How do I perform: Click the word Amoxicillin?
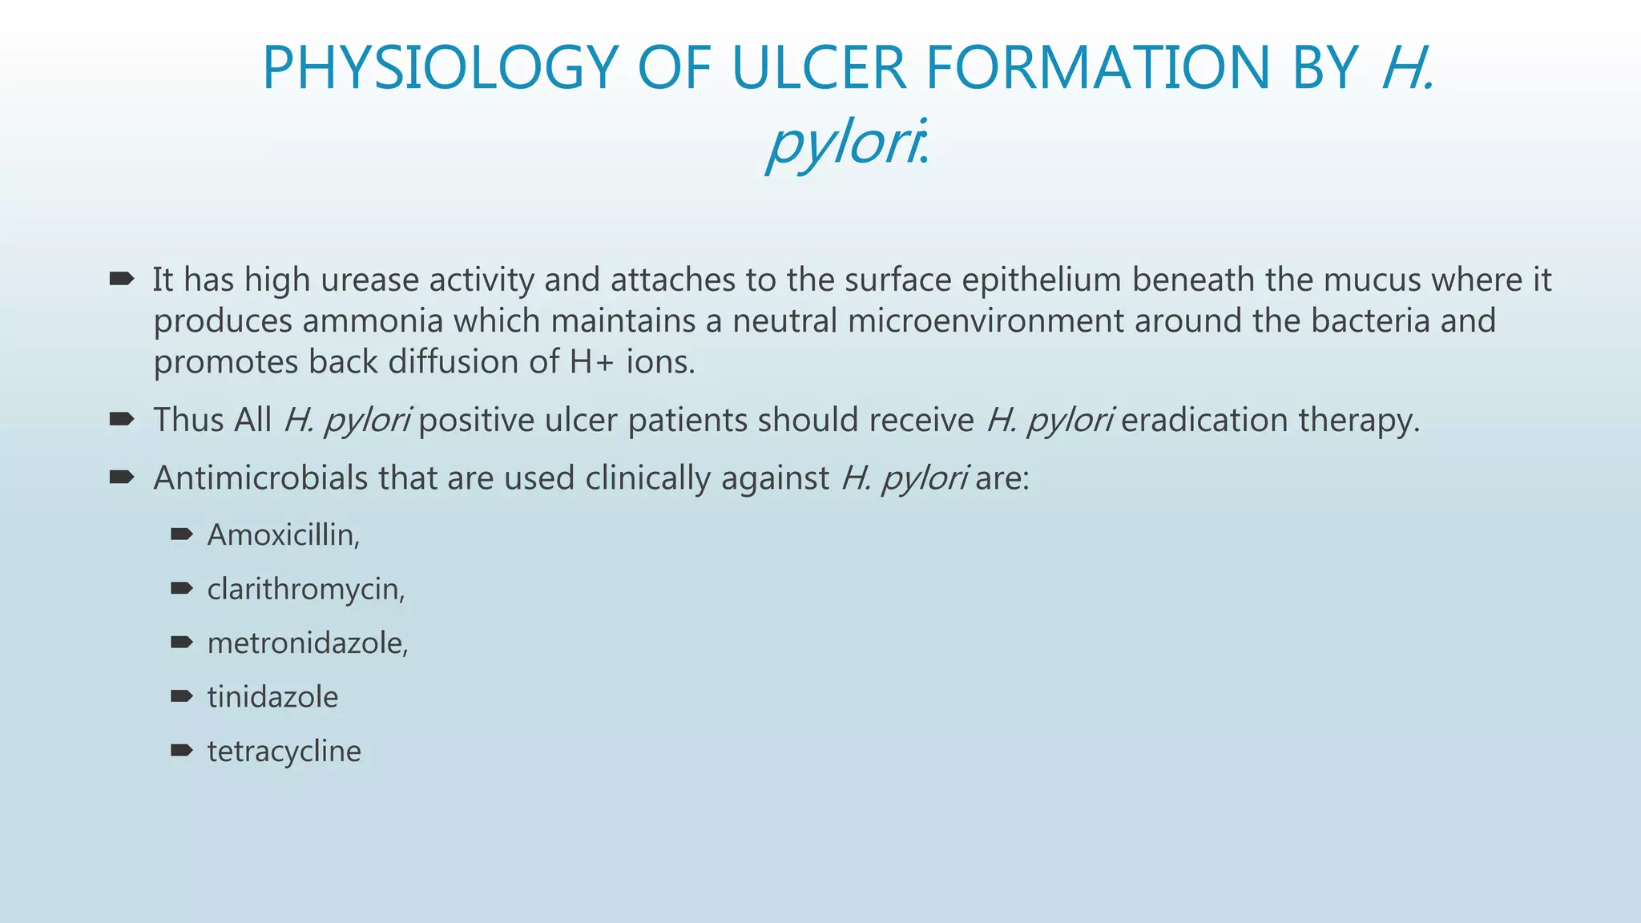(x=282, y=535)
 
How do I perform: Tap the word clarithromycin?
(x=305, y=590)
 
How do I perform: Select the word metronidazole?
(x=307, y=643)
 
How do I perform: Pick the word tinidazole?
(x=272, y=697)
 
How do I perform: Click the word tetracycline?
(x=284, y=752)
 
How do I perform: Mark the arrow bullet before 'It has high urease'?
(x=121, y=279)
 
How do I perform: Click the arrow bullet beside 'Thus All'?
(x=121, y=419)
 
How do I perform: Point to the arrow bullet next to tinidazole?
(x=182, y=695)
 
